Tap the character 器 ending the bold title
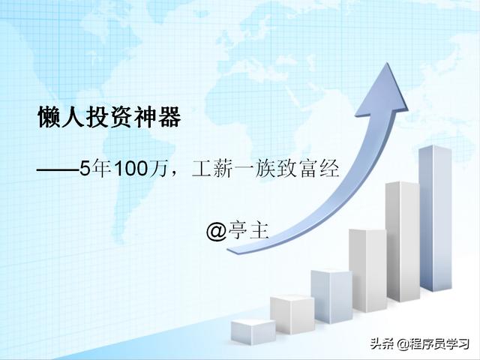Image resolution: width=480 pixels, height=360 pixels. pyautogui.click(x=169, y=117)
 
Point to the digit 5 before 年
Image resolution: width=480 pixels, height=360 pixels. pyautogui.click(x=85, y=168)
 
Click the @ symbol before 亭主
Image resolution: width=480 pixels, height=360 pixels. pyautogui.click(x=216, y=232)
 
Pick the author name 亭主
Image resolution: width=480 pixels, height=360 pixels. pyautogui.click(x=248, y=230)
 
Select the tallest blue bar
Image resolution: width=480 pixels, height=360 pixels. pyautogui.click(x=435, y=218)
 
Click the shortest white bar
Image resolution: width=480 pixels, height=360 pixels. pyautogui.click(x=253, y=331)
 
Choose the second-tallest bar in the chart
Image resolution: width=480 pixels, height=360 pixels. pyautogui.click(x=403, y=241)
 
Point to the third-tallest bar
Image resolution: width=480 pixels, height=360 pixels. pyautogui.click(x=368, y=270)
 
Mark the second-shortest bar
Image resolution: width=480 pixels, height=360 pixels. pyautogui.click(x=292, y=314)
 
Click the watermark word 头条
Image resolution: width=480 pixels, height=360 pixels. pyautogui.click(x=382, y=343)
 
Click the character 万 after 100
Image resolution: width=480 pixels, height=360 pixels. pyautogui.click(x=158, y=168)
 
